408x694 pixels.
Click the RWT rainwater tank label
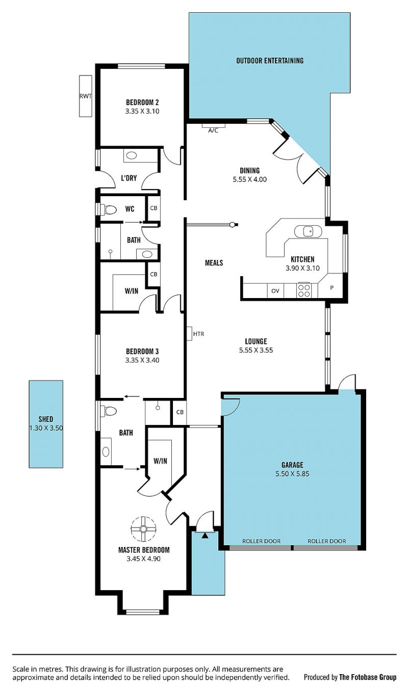pos(86,96)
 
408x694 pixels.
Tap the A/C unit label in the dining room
pos(213,130)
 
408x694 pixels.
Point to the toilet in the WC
pos(109,209)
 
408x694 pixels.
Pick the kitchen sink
pos(308,231)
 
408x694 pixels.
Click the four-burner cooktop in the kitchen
pos(303,290)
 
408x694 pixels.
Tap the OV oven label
pos(275,291)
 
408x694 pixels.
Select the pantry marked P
pos(331,287)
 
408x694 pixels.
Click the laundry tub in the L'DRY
pos(132,155)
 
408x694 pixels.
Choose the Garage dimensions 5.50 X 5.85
pos(292,474)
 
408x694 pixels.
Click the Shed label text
pos(45,419)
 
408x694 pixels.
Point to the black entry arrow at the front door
pos(205,535)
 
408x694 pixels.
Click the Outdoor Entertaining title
pos(270,61)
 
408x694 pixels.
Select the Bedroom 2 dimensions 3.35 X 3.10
pos(142,111)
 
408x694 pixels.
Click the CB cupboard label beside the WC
pos(154,208)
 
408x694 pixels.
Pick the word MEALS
pos(214,263)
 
